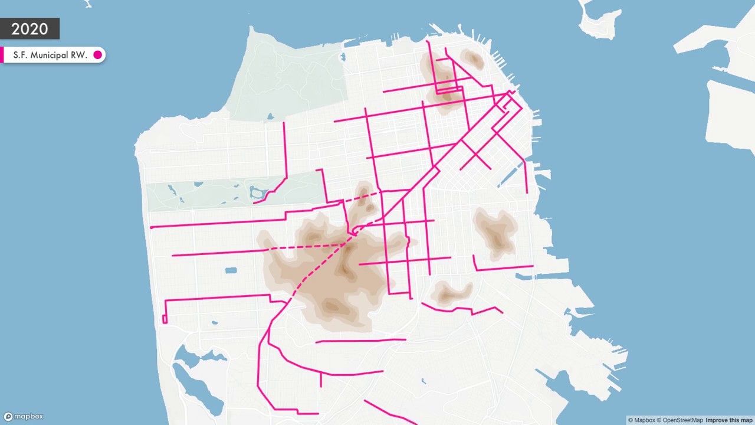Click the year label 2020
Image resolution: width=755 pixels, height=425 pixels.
click(x=29, y=29)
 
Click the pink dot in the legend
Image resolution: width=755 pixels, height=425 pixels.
click(x=98, y=55)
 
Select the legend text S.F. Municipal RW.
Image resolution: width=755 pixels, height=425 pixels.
click(x=50, y=55)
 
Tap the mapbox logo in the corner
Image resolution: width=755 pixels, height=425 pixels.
click(x=24, y=416)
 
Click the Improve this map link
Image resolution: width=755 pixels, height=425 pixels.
click(x=730, y=420)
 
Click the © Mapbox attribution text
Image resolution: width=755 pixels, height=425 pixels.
click(x=641, y=420)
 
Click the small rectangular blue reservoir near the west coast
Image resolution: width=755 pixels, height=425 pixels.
click(x=231, y=270)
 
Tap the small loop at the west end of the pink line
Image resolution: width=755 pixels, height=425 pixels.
click(x=165, y=319)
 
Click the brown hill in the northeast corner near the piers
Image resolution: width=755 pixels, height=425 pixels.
click(x=472, y=58)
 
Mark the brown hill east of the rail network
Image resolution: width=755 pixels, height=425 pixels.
click(x=495, y=233)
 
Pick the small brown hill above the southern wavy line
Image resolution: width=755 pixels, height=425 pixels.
click(x=451, y=293)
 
